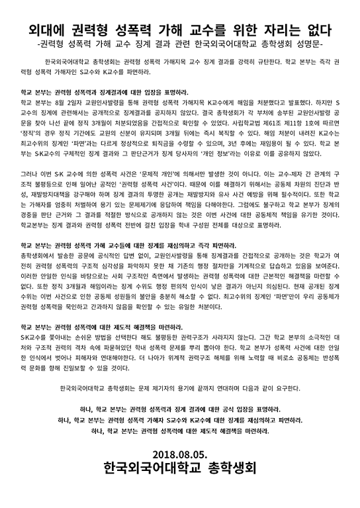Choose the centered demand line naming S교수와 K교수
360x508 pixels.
[179, 420]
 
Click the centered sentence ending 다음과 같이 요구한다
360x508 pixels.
[179, 388]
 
